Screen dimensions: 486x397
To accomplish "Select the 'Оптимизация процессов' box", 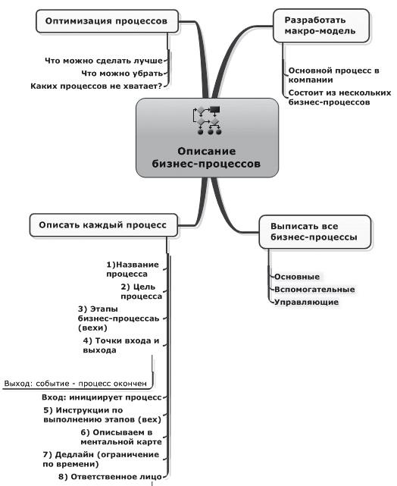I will click(x=107, y=21).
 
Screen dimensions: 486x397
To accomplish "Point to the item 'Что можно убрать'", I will click(x=122, y=73).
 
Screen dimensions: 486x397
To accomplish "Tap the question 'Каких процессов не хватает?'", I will click(x=98, y=86).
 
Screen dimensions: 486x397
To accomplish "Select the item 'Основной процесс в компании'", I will click(x=333, y=75).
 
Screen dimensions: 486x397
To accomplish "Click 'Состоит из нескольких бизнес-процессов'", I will click(x=339, y=97).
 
